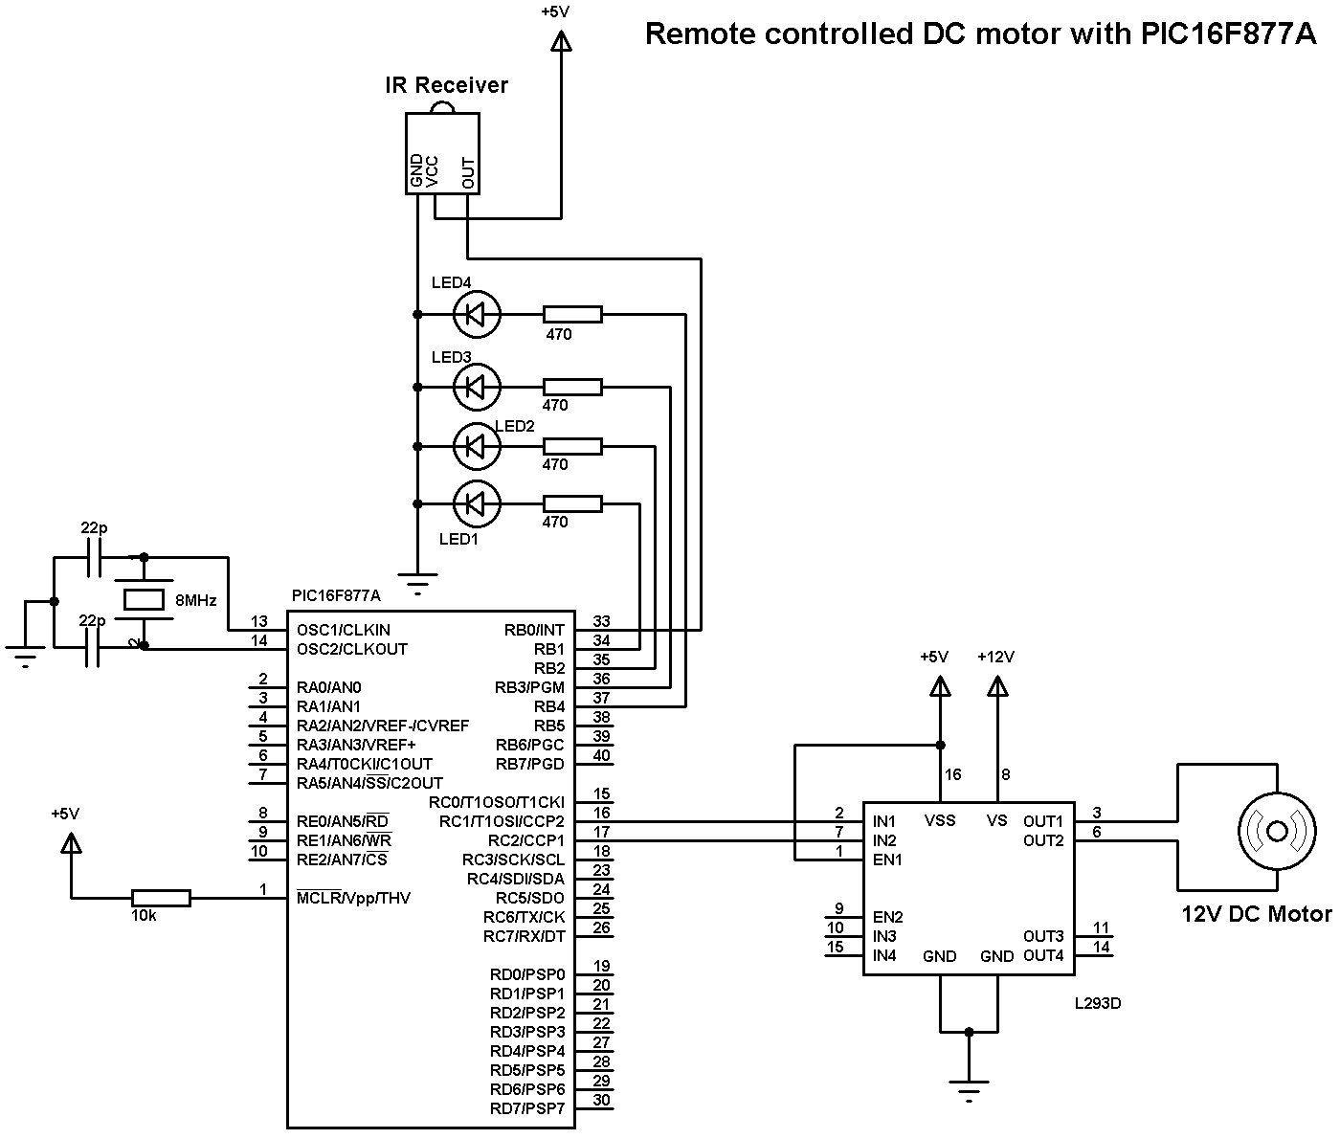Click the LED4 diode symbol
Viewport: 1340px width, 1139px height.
[477, 313]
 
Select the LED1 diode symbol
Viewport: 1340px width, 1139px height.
[477, 502]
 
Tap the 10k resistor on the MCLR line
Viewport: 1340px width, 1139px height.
[161, 898]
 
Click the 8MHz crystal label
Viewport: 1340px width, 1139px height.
[196, 601]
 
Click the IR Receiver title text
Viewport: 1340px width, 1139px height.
[446, 85]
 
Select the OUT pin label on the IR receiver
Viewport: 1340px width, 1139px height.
[468, 172]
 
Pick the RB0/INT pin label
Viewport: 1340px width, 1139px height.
[534, 630]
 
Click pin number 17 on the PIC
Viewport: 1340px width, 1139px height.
[601, 833]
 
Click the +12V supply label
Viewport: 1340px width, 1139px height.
[995, 657]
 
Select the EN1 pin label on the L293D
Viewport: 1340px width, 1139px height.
[887, 860]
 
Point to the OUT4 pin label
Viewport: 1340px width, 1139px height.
[1043, 955]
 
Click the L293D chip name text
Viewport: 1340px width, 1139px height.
[1097, 1004]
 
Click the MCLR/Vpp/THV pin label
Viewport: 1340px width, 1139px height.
[353, 898]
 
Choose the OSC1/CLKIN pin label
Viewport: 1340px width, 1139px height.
[344, 630]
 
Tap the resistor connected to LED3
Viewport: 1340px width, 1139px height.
[572, 387]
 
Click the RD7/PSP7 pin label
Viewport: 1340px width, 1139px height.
[527, 1108]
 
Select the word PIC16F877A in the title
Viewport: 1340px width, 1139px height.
[1228, 33]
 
